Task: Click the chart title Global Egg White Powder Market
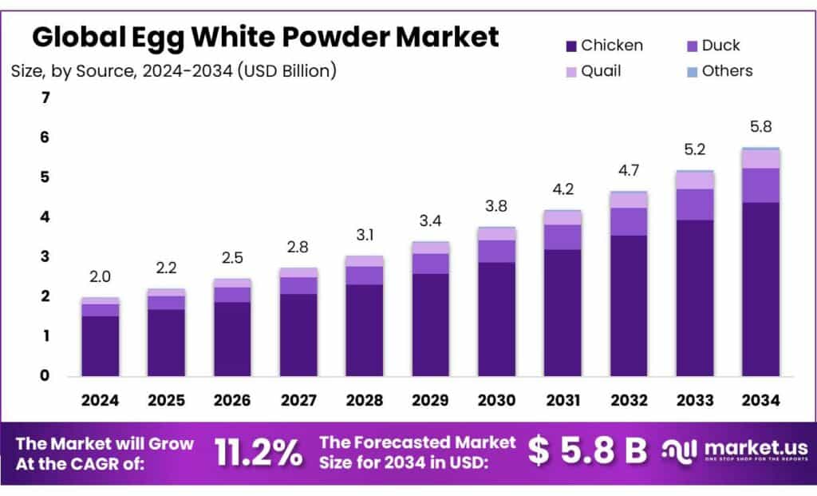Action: [x=265, y=37]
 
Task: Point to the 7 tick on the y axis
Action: [x=45, y=98]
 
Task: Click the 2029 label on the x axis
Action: [x=430, y=399]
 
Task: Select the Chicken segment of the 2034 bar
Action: [x=760, y=288]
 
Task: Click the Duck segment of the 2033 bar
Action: [x=695, y=204]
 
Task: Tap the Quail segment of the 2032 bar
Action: [x=629, y=200]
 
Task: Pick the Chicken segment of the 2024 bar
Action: [x=101, y=345]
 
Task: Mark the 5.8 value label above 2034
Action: [x=760, y=127]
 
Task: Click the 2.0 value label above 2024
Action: [x=101, y=276]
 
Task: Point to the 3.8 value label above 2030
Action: [x=496, y=205]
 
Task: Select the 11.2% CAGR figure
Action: [x=259, y=453]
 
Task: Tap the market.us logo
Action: [x=734, y=451]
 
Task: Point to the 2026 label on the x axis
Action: [x=232, y=399]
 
